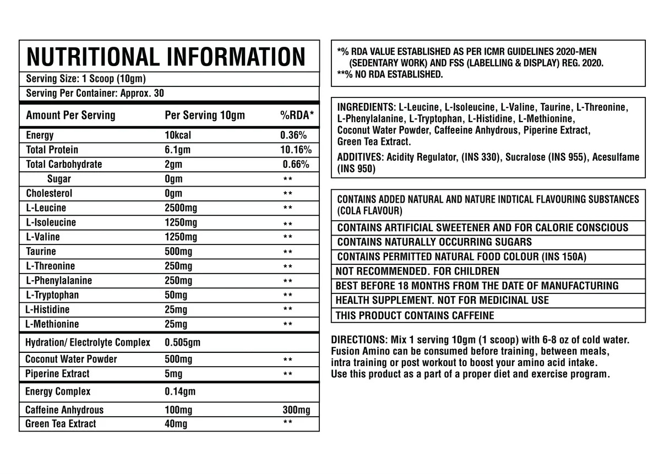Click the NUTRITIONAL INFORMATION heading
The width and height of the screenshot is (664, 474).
(x=166, y=57)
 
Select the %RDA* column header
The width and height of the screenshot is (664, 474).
(x=297, y=115)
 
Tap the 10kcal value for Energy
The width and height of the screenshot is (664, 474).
(x=178, y=135)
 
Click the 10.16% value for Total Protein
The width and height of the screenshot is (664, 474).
(x=296, y=150)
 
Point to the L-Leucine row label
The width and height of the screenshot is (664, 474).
(x=46, y=208)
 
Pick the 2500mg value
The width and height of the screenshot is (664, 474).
(x=181, y=208)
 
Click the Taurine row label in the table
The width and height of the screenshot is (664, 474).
(x=41, y=252)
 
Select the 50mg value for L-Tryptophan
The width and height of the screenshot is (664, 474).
(x=176, y=295)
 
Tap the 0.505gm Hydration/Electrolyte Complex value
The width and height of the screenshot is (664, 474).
(x=183, y=342)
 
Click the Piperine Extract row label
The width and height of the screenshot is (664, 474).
(x=57, y=374)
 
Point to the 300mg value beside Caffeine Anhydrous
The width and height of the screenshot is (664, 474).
(x=296, y=410)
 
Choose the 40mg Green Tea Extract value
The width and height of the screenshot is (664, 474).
(x=176, y=424)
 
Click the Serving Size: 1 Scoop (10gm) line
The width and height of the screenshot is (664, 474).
(x=86, y=79)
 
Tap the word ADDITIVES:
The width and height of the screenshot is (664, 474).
(x=361, y=157)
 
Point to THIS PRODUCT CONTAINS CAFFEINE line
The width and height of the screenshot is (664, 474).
(x=415, y=316)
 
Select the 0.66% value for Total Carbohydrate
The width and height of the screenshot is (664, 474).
(x=296, y=165)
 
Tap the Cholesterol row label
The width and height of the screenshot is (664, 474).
(x=49, y=194)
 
